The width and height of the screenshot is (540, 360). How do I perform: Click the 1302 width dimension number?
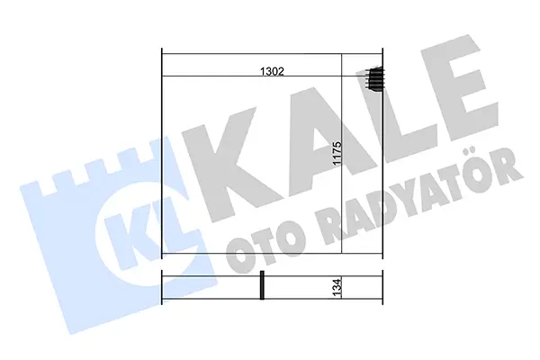click(272, 71)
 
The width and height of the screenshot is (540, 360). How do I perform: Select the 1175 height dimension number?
click(337, 153)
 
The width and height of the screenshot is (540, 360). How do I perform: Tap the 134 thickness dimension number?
click(337, 287)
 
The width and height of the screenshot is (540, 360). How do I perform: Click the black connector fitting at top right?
click(375, 79)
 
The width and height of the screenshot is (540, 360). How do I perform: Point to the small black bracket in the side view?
click(262, 285)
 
